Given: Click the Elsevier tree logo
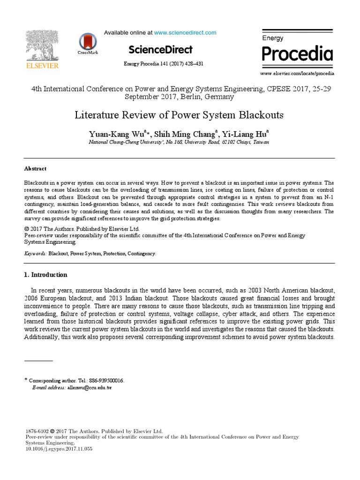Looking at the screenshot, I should [x=42, y=45].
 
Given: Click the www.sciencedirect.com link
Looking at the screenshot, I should [x=185, y=33].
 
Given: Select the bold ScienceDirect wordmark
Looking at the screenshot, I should [x=160, y=50].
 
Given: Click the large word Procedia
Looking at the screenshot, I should [x=297, y=54].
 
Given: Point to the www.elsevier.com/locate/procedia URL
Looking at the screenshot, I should [x=297, y=74].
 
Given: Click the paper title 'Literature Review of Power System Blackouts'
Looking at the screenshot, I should [x=180, y=115].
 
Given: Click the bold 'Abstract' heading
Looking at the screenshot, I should [x=35, y=169].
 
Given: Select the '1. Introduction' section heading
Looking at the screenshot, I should [x=45, y=275].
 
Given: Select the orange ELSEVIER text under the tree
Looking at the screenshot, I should [x=42, y=66].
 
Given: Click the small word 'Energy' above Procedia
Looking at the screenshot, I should [x=272, y=38].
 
